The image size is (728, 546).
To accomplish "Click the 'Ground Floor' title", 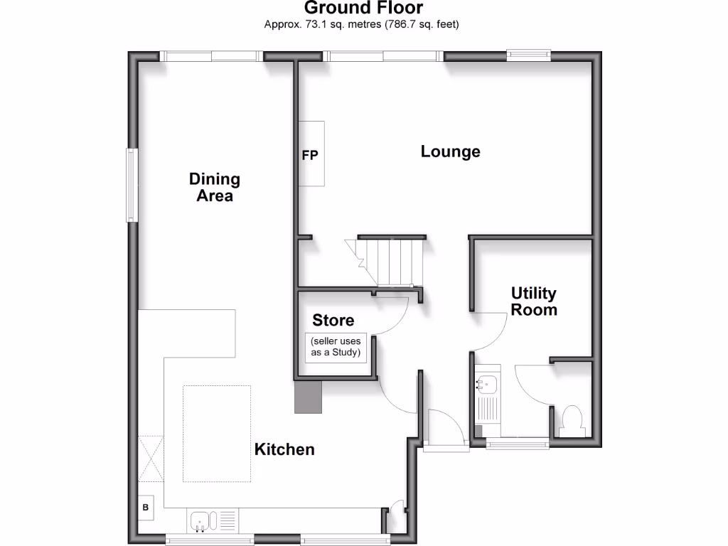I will point(363,9).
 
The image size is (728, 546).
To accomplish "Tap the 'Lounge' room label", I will point(450,151).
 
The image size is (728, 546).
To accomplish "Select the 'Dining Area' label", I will point(214,187).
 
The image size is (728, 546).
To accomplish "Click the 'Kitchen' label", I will point(284,449).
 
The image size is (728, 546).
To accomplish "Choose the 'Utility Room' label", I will point(534,301).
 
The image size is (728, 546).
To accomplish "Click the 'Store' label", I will point(333,321).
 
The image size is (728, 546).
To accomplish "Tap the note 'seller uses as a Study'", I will point(335,347).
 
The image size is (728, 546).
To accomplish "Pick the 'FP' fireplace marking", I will point(311,154).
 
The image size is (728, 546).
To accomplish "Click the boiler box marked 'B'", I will point(146,508).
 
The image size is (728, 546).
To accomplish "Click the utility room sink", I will point(487,385).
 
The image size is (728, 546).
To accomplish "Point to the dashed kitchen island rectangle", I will point(217,433).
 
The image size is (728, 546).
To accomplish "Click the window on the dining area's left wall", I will point(132,185).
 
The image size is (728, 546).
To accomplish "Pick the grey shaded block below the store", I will point(309,397).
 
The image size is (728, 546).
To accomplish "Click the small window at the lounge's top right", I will point(528,53).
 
